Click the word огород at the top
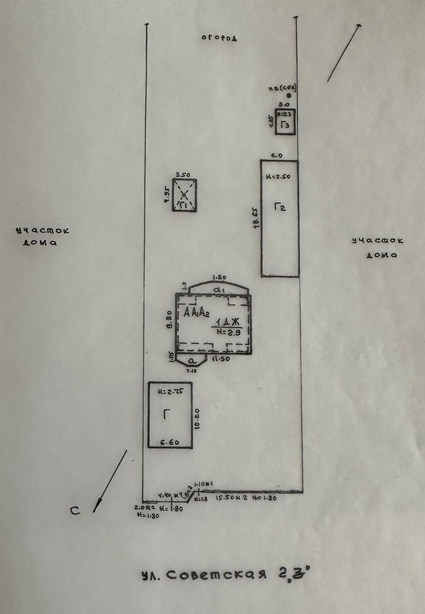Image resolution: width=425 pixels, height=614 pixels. tap(219, 38)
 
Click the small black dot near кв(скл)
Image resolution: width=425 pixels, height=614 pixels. tap(289, 96)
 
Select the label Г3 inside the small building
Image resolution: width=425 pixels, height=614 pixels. tap(285, 125)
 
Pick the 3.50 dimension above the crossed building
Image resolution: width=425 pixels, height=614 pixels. tap(182, 175)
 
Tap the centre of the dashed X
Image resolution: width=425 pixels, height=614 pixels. tap(184, 195)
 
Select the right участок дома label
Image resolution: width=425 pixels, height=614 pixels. tap(378, 248)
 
